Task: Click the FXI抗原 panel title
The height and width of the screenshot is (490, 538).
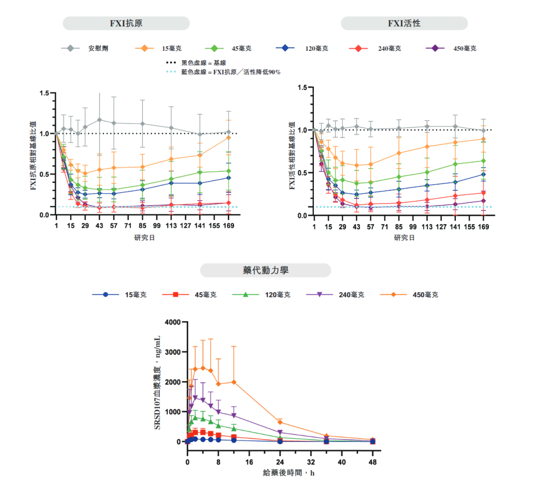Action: coord(126,23)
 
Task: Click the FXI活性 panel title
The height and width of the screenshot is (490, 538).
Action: coord(404,23)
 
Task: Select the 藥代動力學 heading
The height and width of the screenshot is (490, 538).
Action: coord(265,270)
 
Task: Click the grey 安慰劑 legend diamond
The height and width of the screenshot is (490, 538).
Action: coord(71,48)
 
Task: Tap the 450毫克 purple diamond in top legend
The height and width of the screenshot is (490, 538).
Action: coord(435,48)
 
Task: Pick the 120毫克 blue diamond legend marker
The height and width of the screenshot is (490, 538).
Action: coord(285,48)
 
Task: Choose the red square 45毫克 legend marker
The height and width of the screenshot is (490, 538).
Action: coord(175,295)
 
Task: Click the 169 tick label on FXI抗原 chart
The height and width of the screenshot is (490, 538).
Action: coord(229,226)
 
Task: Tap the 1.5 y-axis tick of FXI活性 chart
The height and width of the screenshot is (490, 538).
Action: coord(301,88)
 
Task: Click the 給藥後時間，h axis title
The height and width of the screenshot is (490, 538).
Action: coord(289,473)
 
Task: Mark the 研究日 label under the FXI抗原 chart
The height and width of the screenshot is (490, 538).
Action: coord(144,238)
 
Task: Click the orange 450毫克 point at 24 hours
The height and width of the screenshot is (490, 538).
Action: coord(280,422)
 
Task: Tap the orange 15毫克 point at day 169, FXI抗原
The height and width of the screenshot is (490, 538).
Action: coord(229,137)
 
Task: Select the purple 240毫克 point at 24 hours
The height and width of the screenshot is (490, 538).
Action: coord(280,432)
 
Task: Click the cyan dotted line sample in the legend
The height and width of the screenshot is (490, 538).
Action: coord(171,72)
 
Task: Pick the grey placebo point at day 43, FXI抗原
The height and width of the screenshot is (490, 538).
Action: coord(100,120)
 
